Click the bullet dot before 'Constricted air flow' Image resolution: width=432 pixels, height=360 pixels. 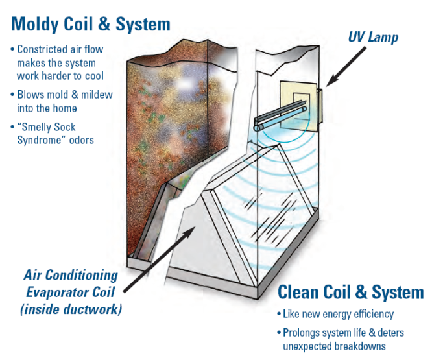pyautogui.click(x=13, y=49)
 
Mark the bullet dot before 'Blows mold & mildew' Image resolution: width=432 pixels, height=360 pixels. pyautogui.click(x=13, y=95)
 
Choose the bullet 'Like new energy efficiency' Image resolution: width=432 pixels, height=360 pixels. pyautogui.click(x=337, y=314)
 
